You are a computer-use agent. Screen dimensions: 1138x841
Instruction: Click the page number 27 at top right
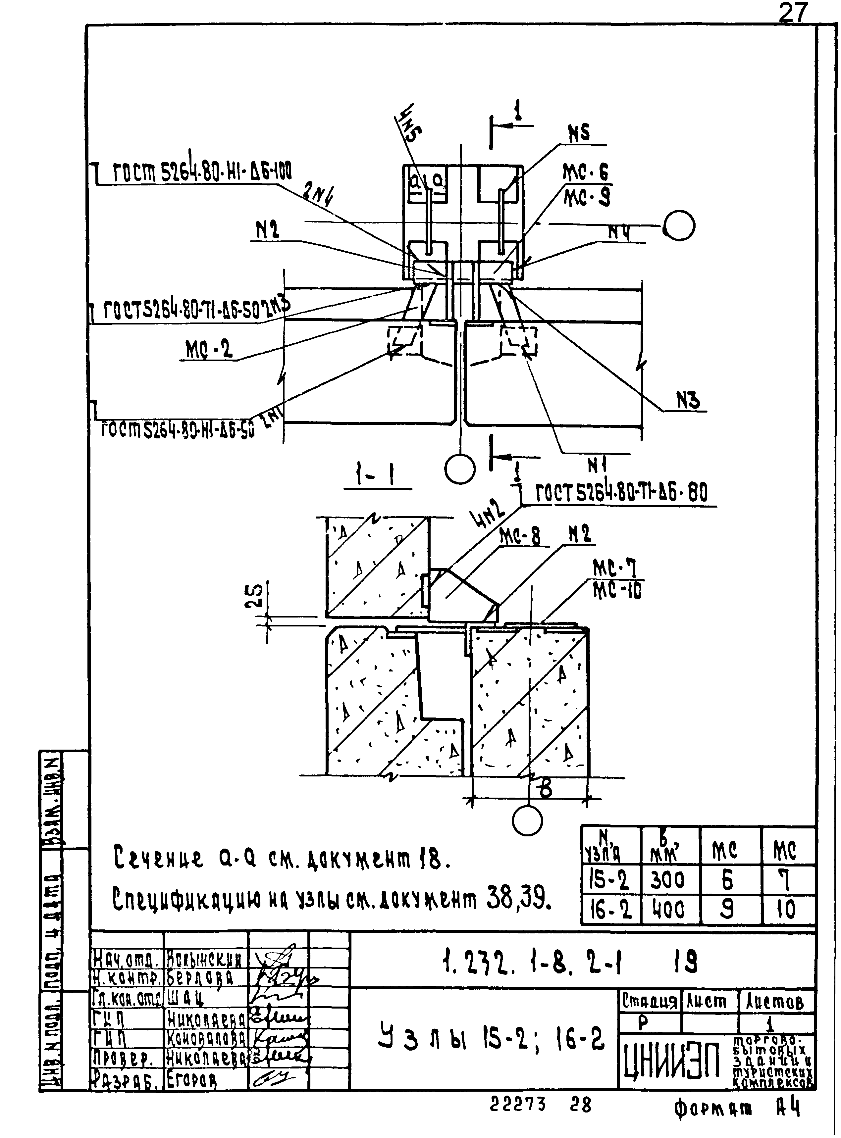tap(793, 13)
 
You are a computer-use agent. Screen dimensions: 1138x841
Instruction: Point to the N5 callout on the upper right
tap(579, 133)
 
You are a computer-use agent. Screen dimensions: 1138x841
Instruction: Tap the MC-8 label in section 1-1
tap(520, 536)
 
